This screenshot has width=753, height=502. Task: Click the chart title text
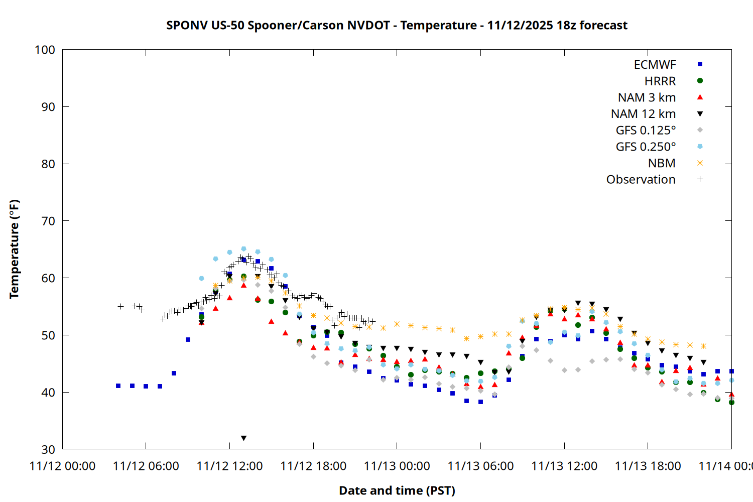coord(397,25)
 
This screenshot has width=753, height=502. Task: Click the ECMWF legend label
coord(655,65)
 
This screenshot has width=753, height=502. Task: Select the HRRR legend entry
coord(660,81)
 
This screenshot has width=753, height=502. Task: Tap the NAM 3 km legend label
coord(647,97)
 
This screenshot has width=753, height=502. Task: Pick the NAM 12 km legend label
coord(643,114)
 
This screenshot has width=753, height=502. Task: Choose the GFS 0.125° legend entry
coord(646,131)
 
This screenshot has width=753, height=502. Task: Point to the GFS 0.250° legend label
coord(646,147)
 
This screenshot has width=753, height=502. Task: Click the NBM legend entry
coord(662,163)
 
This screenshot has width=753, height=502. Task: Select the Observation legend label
coord(641,180)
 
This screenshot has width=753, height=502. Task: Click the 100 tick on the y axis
coord(45,50)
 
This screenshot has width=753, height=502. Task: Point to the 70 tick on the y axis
coord(48,221)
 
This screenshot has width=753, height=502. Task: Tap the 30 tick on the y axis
coord(48,449)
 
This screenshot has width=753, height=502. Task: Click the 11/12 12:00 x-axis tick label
coord(229,466)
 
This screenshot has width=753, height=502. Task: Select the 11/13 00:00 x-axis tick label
coord(397,466)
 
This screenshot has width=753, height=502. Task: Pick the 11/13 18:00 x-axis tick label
coord(648,466)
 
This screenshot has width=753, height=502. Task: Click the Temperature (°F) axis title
coord(14,249)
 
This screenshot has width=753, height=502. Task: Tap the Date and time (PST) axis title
coord(397,490)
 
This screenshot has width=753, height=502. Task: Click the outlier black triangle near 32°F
coord(243,438)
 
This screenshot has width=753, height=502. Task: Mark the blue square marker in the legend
coord(700,64)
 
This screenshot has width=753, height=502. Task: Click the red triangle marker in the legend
coord(700,97)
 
